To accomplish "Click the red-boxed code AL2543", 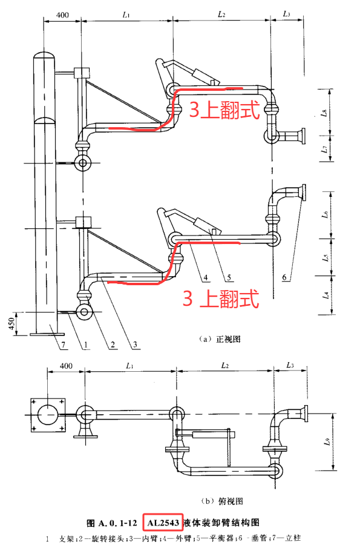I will tap(162, 522).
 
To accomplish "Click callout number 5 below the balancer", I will tap(229, 278).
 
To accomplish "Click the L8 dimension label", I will tap(324, 113).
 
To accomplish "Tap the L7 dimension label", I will tap(324, 149).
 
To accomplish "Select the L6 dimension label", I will tap(324, 214).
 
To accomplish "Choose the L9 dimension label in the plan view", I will tap(327, 441).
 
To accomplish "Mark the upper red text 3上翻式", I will tap(224, 110).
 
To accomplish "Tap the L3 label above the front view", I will tap(286, 13).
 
